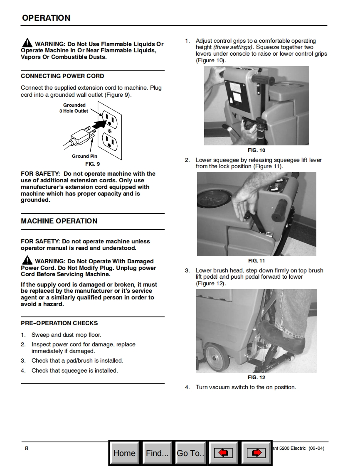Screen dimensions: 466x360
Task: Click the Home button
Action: (x=124, y=453)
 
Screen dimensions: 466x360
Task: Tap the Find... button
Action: (x=157, y=453)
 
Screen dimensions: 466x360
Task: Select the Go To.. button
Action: (x=190, y=453)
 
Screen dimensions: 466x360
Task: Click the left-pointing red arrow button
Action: (x=223, y=453)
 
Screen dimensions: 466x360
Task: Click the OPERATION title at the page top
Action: (x=46, y=18)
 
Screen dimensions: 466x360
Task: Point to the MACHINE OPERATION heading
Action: (x=59, y=221)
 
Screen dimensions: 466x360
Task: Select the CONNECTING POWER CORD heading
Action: (x=62, y=76)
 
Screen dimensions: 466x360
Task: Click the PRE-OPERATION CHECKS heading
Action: (x=59, y=323)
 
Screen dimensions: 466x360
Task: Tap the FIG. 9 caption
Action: (x=92, y=164)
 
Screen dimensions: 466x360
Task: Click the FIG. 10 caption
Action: (x=256, y=150)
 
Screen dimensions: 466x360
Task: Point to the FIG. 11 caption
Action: (x=256, y=261)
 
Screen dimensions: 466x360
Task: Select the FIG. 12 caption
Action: (x=256, y=378)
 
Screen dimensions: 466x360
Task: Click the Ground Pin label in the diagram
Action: (x=84, y=156)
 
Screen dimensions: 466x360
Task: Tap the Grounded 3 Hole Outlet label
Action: (x=74, y=108)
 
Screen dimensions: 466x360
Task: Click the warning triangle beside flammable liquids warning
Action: (x=27, y=43)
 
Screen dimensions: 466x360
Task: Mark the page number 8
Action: (x=27, y=448)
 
